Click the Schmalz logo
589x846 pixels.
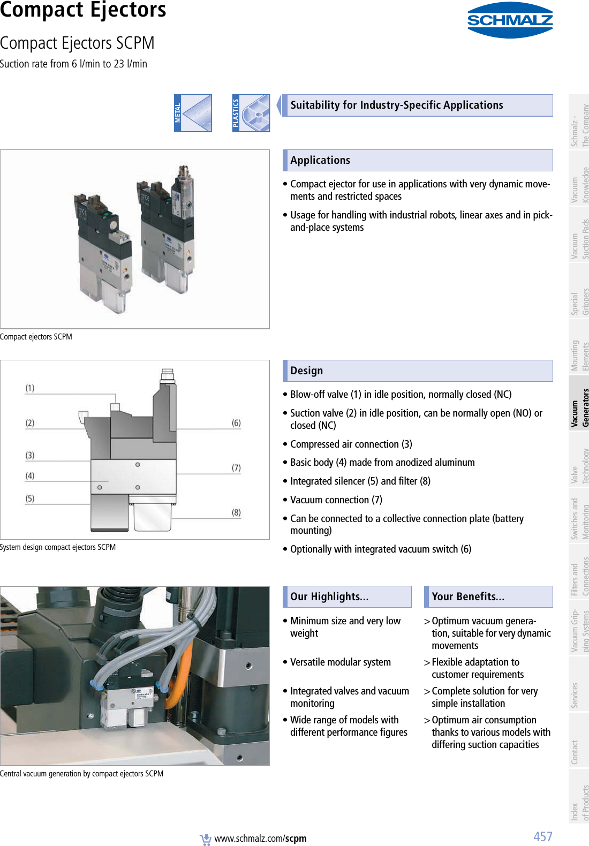click(x=509, y=20)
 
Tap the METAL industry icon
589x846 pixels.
click(x=193, y=113)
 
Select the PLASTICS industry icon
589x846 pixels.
click(x=251, y=113)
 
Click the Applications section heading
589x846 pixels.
click(x=320, y=160)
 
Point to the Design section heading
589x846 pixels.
click(x=306, y=371)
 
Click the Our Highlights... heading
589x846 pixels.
click(x=329, y=596)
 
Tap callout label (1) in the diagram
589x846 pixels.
click(x=30, y=388)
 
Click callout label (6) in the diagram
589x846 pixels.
click(x=236, y=422)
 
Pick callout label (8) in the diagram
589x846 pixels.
click(x=236, y=512)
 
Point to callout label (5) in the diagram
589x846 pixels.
click(x=30, y=498)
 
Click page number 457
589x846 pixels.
click(x=542, y=836)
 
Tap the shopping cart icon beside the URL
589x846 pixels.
click(x=206, y=839)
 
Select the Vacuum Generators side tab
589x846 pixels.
click(x=579, y=407)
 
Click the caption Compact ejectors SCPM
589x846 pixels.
click(x=36, y=337)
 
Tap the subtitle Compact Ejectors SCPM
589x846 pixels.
click(x=77, y=43)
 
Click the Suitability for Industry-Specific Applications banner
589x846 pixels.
click(x=396, y=105)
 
